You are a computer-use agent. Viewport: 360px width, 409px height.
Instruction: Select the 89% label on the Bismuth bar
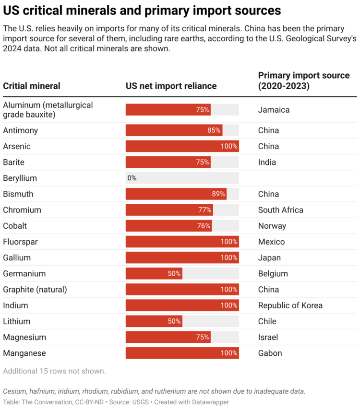coord(218,194)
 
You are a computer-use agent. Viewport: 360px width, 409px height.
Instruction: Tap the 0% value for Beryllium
coord(132,178)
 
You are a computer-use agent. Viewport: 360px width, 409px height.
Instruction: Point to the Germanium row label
coord(24,274)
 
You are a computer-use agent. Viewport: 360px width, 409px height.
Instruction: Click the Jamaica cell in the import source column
coord(274,110)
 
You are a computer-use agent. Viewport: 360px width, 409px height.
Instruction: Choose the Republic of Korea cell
coord(290,305)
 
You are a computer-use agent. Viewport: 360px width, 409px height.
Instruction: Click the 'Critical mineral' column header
coord(32,86)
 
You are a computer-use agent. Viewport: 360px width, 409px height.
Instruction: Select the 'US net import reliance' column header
coord(171,86)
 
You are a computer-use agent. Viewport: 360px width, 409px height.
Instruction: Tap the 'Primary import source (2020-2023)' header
coord(303,81)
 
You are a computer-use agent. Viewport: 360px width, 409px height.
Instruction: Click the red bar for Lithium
coord(154,321)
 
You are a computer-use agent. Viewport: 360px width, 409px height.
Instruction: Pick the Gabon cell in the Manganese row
coord(270,353)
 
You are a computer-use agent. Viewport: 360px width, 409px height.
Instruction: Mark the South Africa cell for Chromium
coord(280,210)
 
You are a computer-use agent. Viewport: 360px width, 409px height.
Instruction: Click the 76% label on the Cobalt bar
coord(204,226)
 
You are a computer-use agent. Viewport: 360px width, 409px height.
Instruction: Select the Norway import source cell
coord(272,226)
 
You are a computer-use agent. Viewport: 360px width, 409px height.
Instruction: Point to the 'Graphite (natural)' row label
coord(35,290)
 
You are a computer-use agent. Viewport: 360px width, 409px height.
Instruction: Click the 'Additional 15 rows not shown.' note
coord(54,371)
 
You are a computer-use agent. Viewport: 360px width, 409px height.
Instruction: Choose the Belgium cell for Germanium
coord(273,274)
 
